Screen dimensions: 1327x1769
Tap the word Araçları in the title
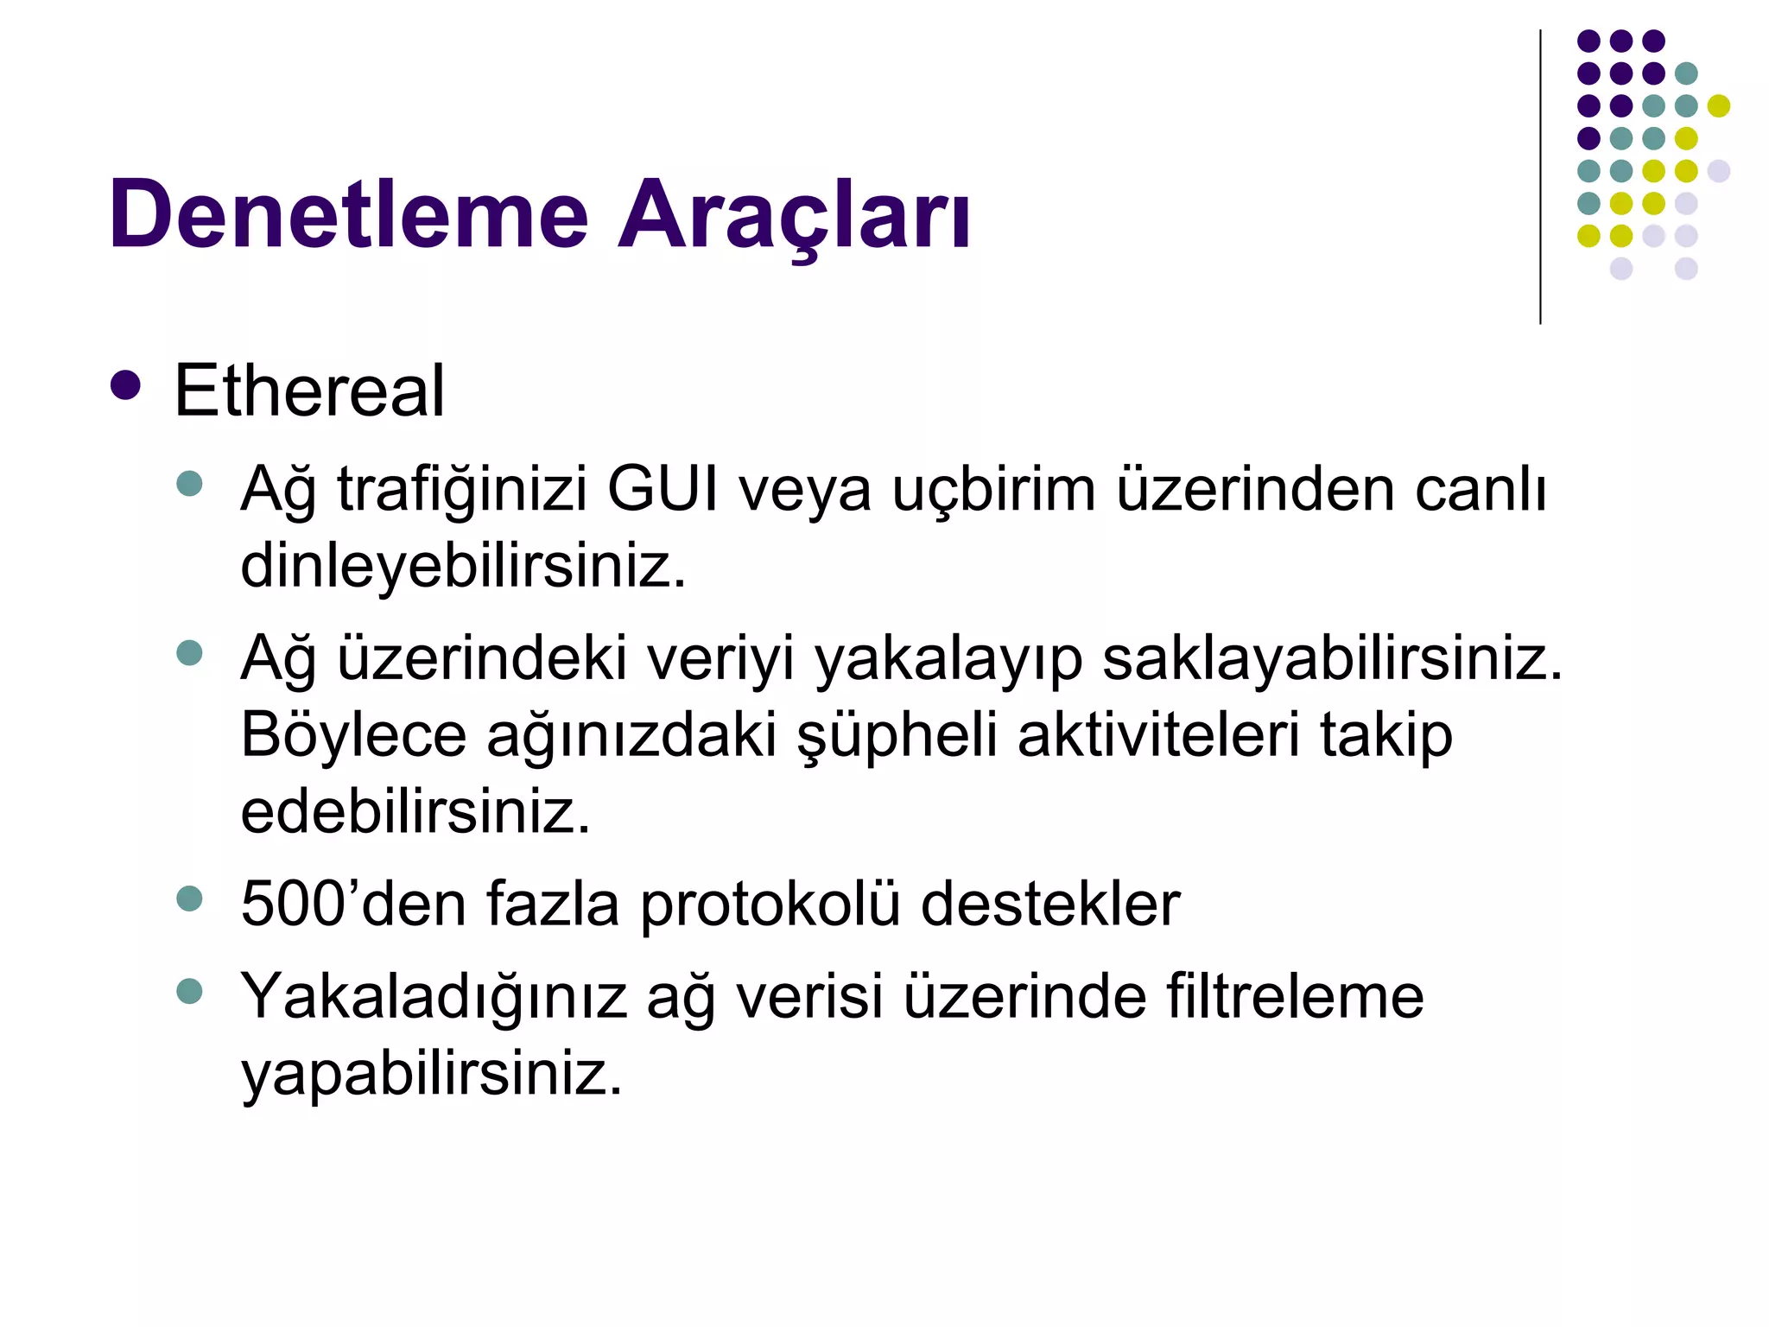(794, 214)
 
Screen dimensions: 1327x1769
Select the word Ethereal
(309, 390)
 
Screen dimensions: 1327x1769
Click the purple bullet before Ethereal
(126, 385)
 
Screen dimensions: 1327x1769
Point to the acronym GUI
(663, 490)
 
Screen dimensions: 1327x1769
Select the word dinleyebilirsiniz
(463, 566)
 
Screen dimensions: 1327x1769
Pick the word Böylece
(353, 735)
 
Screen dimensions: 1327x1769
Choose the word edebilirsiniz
(415, 811)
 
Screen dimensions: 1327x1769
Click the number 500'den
(353, 905)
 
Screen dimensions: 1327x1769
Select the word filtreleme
(1295, 996)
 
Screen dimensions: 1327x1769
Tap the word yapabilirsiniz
(431, 1074)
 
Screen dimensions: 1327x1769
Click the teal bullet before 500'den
(189, 898)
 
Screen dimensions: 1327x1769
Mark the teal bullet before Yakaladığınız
(189, 990)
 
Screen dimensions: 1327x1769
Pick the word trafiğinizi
(461, 490)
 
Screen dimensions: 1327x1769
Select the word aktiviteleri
(1158, 735)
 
